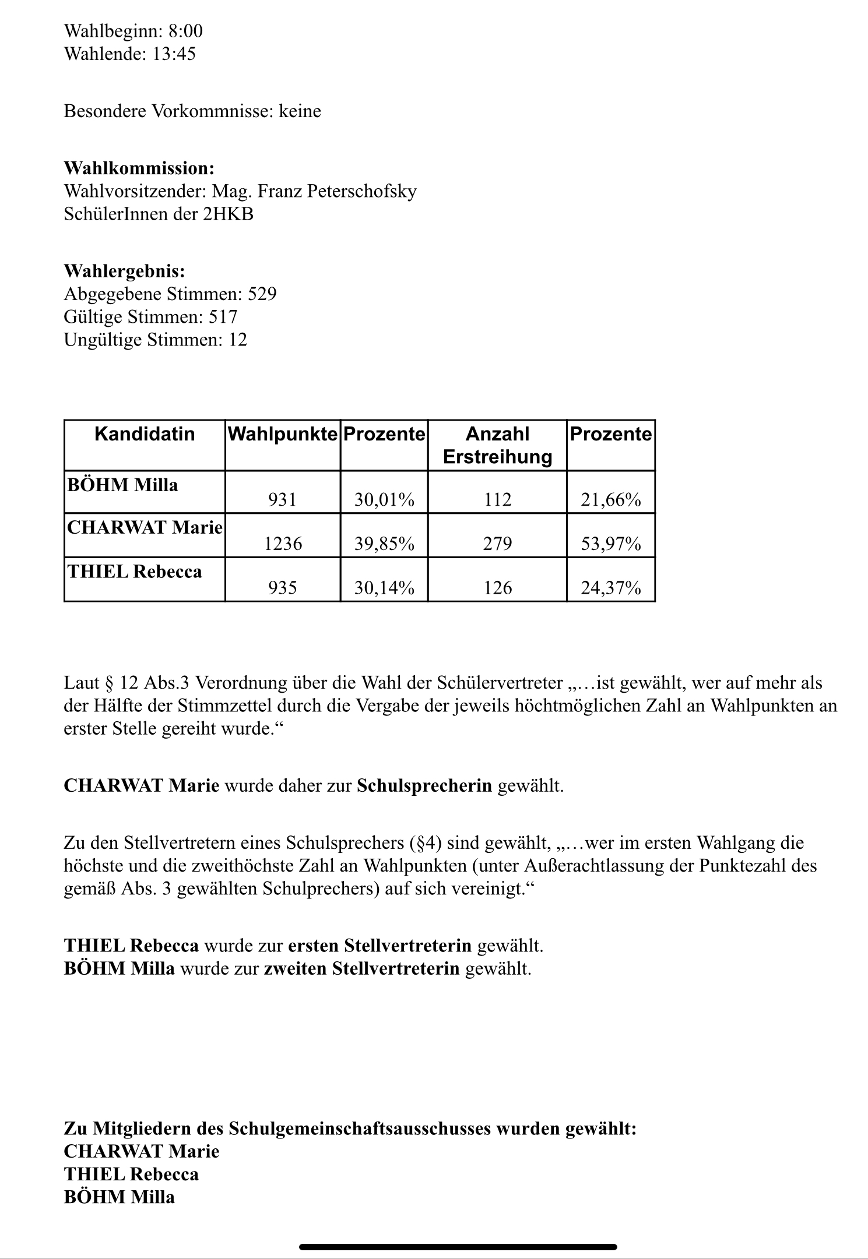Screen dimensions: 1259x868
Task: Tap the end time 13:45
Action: click(x=174, y=54)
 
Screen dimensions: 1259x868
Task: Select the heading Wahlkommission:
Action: click(x=139, y=168)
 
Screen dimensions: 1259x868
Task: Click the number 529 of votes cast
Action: click(x=262, y=294)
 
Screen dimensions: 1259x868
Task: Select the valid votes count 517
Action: click(x=223, y=317)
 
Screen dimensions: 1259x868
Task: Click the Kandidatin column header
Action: click(x=144, y=434)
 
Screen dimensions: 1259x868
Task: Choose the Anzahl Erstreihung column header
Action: click(x=497, y=445)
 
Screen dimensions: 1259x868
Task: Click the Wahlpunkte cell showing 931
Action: click(x=282, y=499)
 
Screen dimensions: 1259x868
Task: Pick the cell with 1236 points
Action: click(x=283, y=544)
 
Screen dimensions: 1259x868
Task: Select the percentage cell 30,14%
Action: click(x=384, y=588)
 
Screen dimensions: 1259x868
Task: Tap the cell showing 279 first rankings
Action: click(x=497, y=544)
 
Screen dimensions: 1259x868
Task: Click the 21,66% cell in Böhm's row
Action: click(x=610, y=499)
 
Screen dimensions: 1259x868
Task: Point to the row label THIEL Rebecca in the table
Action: click(x=135, y=572)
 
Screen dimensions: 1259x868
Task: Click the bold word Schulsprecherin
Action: click(x=424, y=786)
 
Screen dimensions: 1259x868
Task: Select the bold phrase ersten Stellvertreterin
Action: click(x=379, y=946)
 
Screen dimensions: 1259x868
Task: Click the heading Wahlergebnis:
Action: click(x=125, y=271)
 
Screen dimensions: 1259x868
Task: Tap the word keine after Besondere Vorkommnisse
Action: click(x=300, y=111)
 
